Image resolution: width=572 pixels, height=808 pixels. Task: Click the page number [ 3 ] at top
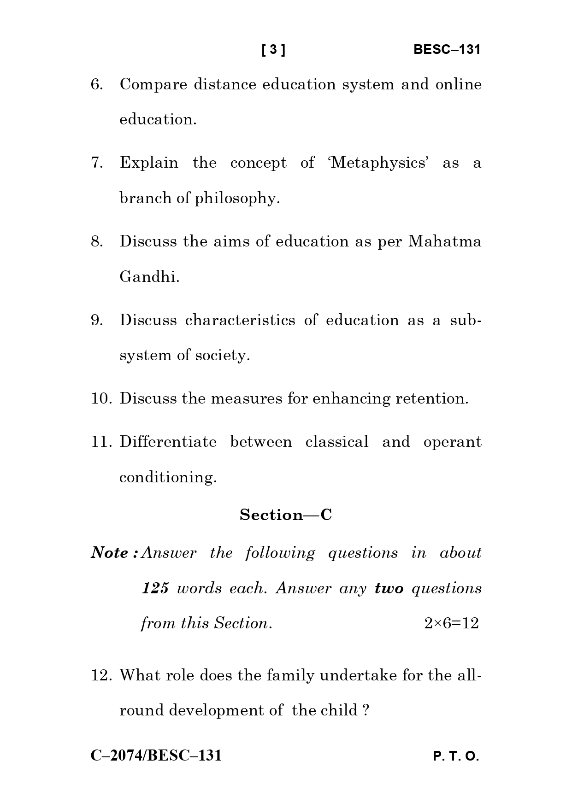coord(273,50)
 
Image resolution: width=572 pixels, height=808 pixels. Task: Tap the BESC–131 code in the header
coord(447,50)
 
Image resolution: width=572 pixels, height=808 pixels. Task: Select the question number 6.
coord(97,85)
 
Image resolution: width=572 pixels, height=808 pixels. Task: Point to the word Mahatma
coord(445,241)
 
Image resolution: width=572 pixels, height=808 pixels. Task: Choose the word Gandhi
coord(149,277)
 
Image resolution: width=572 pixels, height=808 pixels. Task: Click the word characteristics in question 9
coord(240,320)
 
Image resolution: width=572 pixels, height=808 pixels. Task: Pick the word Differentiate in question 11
coord(168,442)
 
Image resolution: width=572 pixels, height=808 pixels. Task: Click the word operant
coord(452,442)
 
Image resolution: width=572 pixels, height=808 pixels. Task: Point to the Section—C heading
coord(286,515)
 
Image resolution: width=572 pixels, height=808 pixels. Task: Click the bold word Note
coord(112,553)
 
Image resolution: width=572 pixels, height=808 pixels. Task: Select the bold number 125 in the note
coord(155,588)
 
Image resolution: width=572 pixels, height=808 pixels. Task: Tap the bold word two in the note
coord(389,588)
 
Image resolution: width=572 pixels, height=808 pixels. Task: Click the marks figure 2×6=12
coord(451,623)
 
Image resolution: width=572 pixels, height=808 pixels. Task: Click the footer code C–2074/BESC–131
coord(156,755)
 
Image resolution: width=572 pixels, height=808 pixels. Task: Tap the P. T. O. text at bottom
coord(456,756)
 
